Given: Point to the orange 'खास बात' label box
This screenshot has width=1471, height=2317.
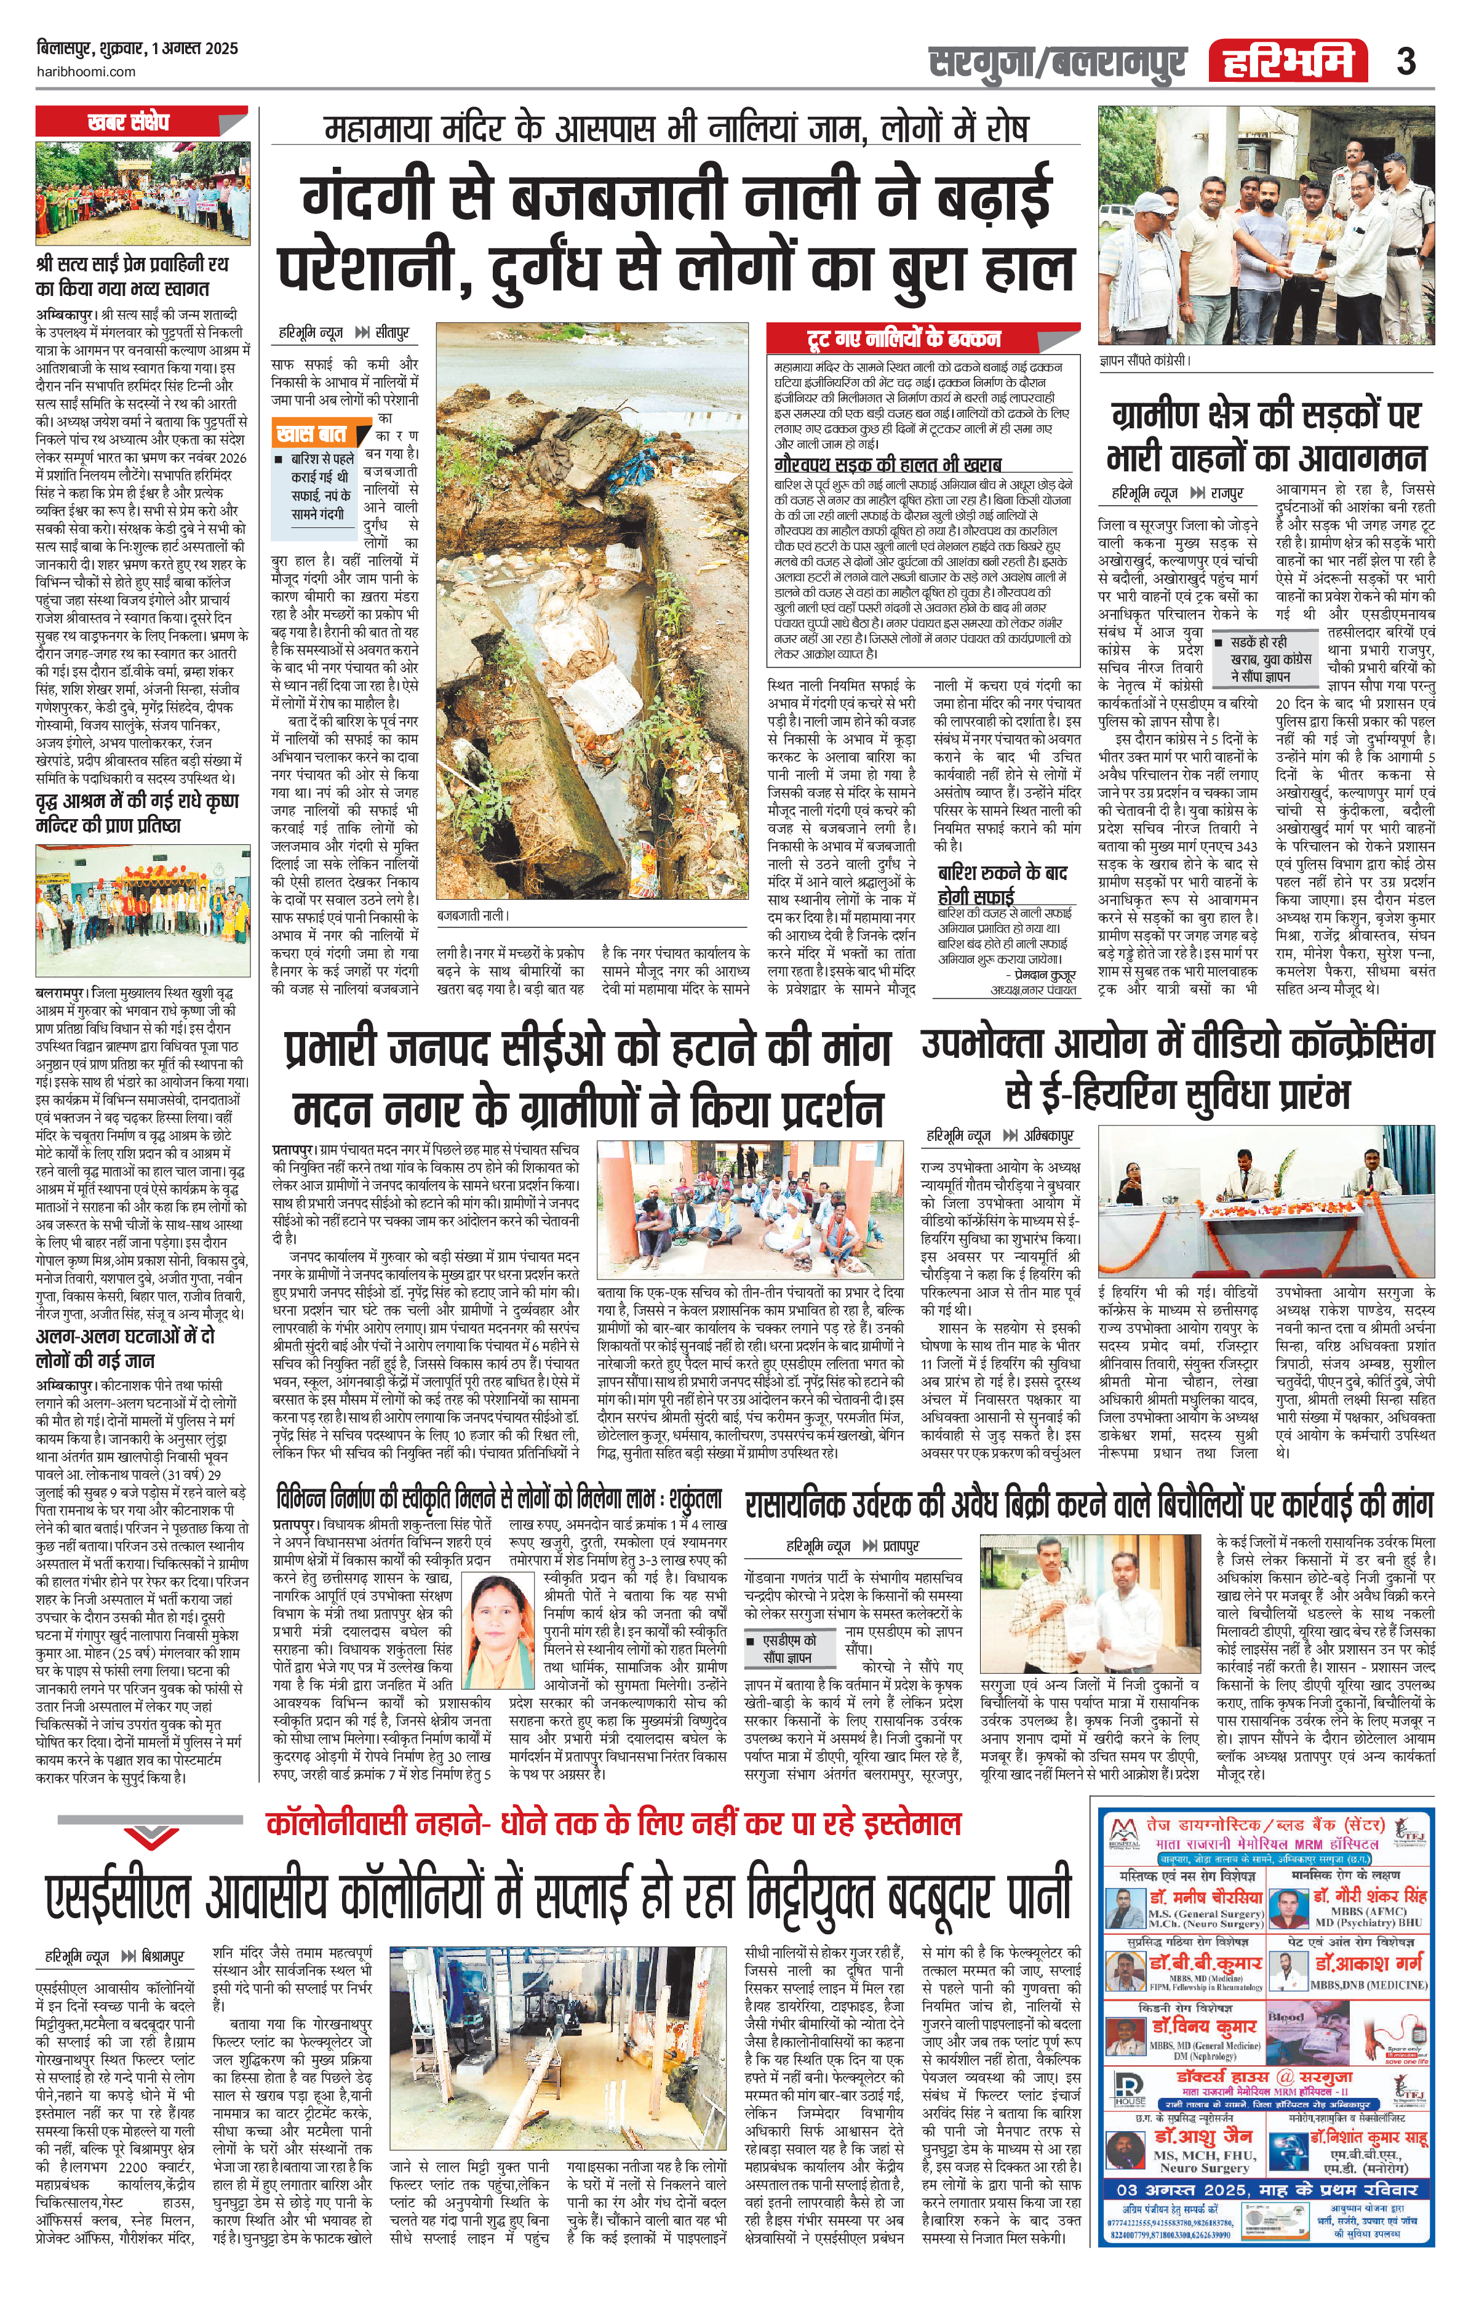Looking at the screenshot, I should [x=311, y=433].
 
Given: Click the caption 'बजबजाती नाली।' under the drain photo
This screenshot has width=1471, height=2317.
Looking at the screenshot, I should [x=473, y=915].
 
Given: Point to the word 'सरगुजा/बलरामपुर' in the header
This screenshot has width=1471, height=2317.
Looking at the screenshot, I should [x=1056, y=63].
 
